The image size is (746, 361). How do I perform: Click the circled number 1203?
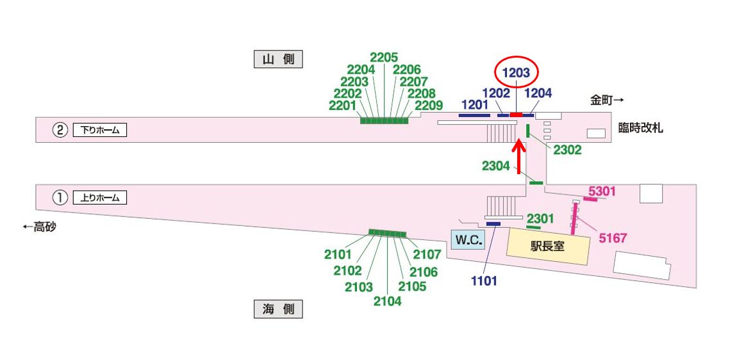pos(516,73)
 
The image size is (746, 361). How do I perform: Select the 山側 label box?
pos(278,60)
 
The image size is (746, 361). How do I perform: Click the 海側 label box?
pos(278,309)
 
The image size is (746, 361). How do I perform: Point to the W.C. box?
pos(468,240)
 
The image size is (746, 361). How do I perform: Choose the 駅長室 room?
pos(547,246)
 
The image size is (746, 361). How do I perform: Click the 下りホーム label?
pos(100,131)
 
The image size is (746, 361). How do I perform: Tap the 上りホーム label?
pos(100,198)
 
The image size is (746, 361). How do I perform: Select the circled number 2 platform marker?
pos(60,131)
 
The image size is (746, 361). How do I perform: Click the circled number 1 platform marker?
pos(60,198)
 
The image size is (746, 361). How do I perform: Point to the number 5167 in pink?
pos(613,239)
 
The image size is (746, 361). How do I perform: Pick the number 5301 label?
pos(602,191)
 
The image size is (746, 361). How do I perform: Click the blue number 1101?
pos(484,280)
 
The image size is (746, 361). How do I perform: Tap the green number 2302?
pos(567,150)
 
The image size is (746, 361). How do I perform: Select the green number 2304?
pos(496,166)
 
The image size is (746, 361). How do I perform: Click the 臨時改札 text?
pos(640,128)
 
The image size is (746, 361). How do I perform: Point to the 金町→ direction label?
pos(607,100)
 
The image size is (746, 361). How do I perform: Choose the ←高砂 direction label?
pos(39,227)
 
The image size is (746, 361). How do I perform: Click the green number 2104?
pos(387,301)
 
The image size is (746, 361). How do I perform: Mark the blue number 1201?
pos(474,104)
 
